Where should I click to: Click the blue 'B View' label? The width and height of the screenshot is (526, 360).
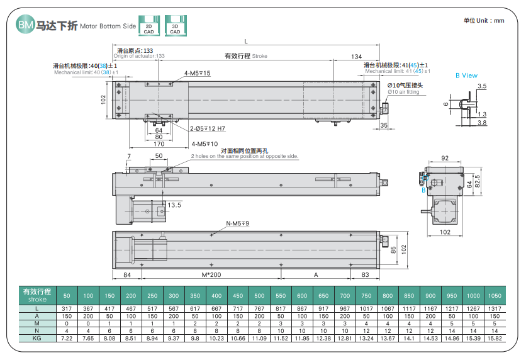[466, 76]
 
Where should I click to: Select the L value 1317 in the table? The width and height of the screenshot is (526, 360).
[495, 308]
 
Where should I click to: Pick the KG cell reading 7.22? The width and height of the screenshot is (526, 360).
[67, 338]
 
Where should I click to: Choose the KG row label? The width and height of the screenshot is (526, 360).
[37, 338]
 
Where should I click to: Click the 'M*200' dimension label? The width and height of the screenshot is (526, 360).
[211, 275]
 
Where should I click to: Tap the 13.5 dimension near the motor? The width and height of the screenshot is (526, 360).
[174, 205]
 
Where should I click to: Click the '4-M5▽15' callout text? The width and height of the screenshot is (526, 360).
[197, 74]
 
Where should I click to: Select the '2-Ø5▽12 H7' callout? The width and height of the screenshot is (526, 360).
[207, 128]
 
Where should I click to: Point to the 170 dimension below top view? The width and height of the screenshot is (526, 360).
[159, 144]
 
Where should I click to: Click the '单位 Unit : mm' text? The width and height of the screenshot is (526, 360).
[484, 21]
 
